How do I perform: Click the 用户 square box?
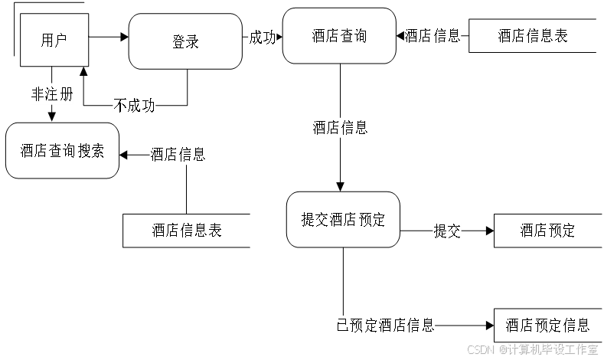tap(54, 40)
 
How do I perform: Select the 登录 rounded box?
tap(185, 41)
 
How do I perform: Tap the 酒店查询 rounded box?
tap(339, 36)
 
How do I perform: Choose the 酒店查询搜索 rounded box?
tap(62, 150)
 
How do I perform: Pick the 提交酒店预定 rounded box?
tap(343, 220)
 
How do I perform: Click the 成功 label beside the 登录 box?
tap(262, 38)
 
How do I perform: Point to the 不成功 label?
tap(134, 105)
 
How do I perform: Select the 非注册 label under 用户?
tap(52, 94)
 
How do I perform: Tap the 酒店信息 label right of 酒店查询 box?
tap(433, 36)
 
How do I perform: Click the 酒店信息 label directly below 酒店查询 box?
tap(340, 128)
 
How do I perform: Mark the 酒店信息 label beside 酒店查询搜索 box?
tap(178, 155)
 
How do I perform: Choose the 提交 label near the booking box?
tap(447, 231)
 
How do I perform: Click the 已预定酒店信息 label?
tap(385, 325)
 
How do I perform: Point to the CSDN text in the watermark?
tap(479, 349)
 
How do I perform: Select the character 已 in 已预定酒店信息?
tap(342, 325)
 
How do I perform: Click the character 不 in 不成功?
tap(120, 105)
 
